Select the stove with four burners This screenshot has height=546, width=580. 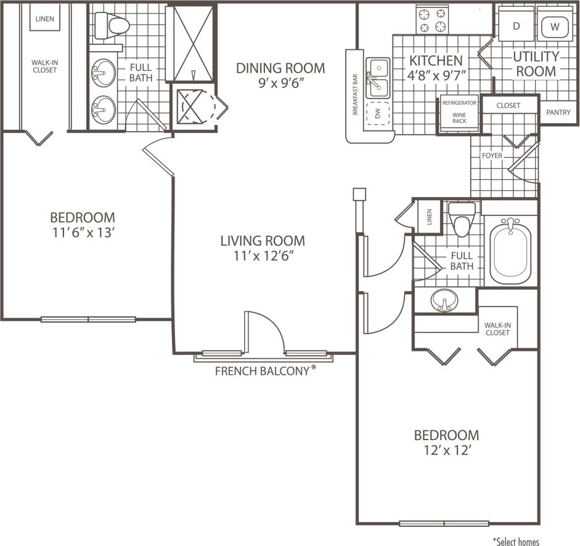(x=431, y=20)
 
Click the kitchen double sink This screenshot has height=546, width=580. (x=378, y=78)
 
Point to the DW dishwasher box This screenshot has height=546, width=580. (x=378, y=113)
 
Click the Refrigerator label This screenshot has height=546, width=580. (x=459, y=103)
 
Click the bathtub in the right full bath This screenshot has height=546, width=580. (x=510, y=251)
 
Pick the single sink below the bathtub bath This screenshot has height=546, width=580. (x=443, y=301)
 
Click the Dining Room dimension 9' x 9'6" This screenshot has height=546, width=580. (x=280, y=84)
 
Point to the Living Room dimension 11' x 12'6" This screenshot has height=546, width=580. (x=263, y=257)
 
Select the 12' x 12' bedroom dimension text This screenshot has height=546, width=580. (x=446, y=451)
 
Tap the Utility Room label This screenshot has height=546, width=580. (x=535, y=63)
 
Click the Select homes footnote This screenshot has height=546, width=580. (x=516, y=542)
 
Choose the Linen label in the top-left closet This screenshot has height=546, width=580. (x=44, y=18)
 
